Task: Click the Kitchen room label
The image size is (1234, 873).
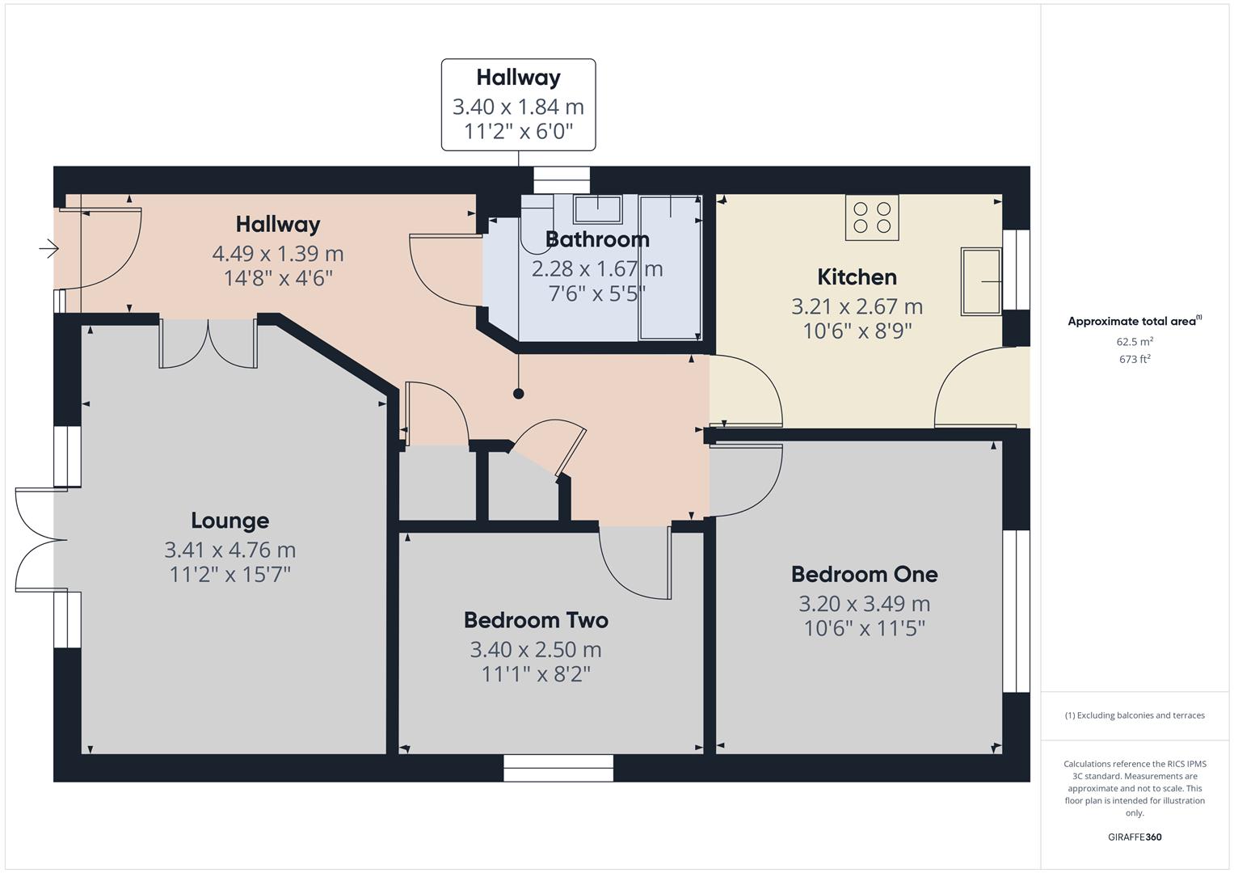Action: point(857,277)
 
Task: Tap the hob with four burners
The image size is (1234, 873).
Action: point(872,217)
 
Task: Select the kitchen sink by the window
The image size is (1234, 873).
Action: point(981,281)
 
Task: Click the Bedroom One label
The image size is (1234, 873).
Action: point(864,575)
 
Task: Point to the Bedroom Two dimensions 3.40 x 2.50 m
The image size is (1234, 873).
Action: point(535,649)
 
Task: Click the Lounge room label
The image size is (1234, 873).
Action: point(230,521)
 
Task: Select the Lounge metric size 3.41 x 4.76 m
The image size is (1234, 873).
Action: point(230,550)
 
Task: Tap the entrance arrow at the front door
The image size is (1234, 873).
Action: point(49,248)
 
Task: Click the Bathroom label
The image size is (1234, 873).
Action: point(596,239)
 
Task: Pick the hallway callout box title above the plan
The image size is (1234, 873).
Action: point(518,78)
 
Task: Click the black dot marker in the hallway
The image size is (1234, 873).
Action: point(518,394)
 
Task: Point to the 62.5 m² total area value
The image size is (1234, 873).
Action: point(1135,342)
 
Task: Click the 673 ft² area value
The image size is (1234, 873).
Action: point(1135,360)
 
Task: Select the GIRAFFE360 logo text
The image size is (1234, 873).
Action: point(1135,837)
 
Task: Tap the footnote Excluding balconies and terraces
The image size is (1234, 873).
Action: point(1135,715)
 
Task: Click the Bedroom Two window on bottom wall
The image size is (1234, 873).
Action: point(558,768)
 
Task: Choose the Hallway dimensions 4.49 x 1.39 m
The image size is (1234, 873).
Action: point(277,254)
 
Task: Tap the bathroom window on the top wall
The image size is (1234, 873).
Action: point(562,179)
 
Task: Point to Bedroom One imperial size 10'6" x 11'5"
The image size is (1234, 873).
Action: point(864,628)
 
